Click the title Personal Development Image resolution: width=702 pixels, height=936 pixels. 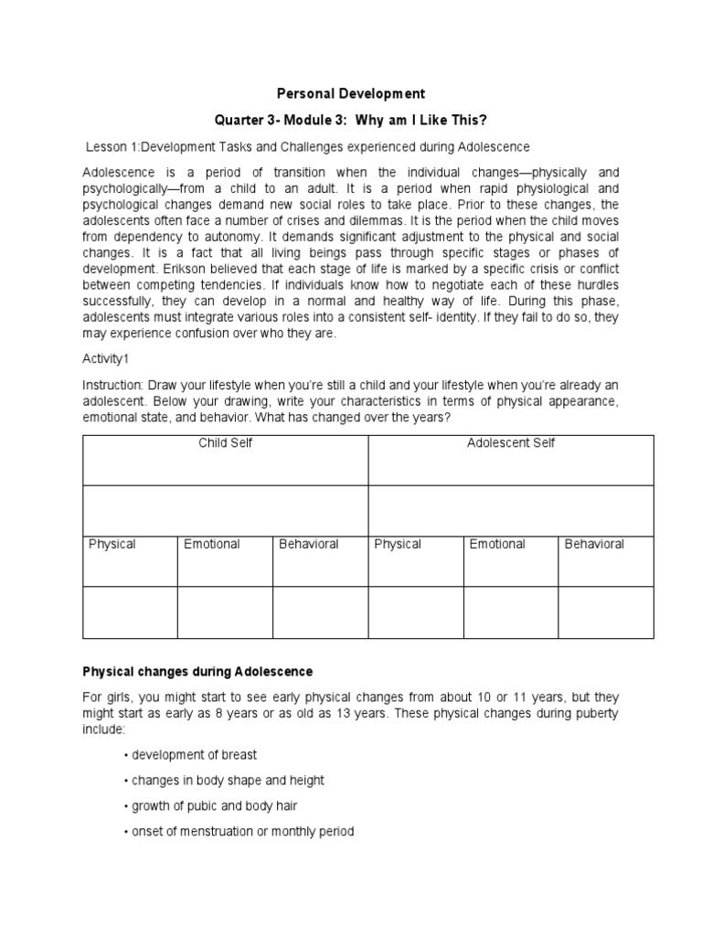pos(351,93)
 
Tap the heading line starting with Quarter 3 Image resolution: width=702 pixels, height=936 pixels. pos(351,121)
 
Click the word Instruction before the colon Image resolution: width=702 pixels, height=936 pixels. pos(113,387)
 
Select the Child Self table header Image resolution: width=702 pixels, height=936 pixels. pos(226,443)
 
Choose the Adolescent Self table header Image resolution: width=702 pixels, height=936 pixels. pos(511,443)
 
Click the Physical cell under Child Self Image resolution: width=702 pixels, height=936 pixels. pos(112,544)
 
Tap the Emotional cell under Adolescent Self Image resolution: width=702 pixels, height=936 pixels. pos(497,544)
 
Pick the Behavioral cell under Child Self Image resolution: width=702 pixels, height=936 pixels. pos(309,544)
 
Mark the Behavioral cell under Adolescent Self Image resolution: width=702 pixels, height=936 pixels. pos(594,544)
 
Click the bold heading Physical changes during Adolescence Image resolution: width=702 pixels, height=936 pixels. pos(198,671)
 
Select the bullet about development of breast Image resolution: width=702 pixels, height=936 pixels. pos(194,755)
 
